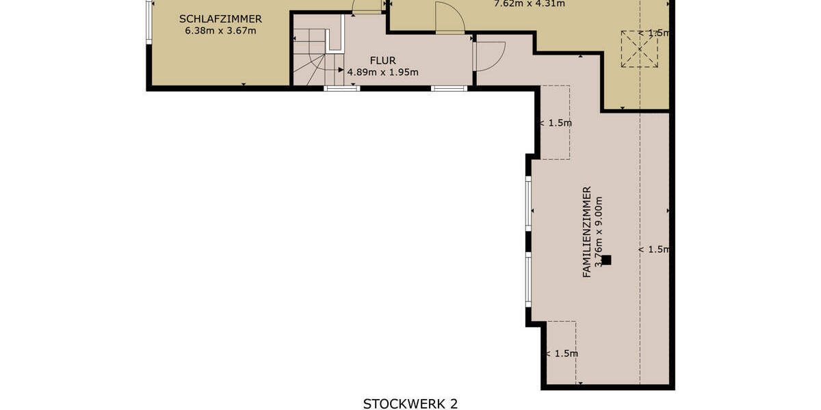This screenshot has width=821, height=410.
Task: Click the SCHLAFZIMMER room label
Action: click(220, 18)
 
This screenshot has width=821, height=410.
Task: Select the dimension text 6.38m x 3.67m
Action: click(220, 30)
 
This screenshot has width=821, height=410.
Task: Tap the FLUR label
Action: click(382, 60)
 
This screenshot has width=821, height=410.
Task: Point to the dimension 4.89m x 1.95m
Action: click(382, 72)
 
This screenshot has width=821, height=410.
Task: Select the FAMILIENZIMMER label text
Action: click(586, 232)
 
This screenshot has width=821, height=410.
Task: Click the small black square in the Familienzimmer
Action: click(605, 260)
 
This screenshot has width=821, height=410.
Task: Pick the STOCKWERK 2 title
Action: click(410, 403)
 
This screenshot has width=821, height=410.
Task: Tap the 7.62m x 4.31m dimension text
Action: click(529, 3)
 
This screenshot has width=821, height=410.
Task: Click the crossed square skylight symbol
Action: click(639, 49)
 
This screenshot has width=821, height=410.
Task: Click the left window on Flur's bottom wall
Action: click(341, 88)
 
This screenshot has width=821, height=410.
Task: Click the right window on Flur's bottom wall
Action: click(449, 88)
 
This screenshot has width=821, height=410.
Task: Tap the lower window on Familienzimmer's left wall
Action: click(528, 279)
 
